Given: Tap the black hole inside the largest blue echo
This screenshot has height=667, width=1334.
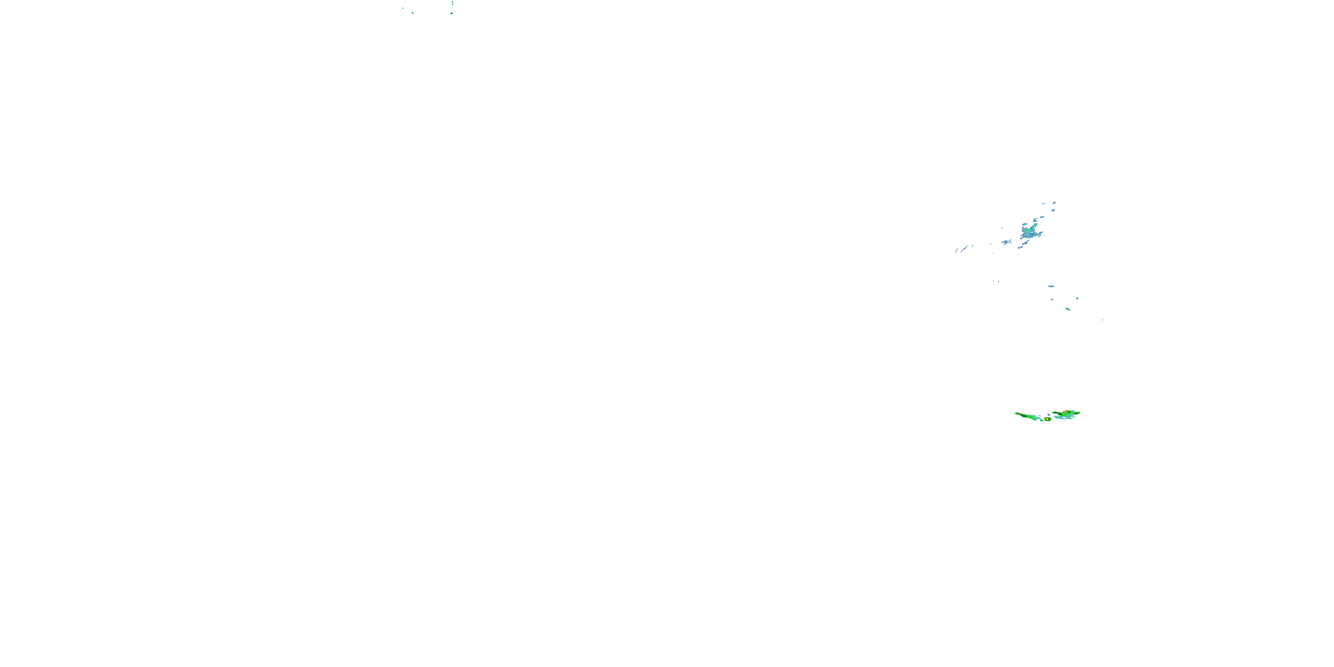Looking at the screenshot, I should [1032, 233].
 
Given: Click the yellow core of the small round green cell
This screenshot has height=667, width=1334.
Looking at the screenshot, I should [1048, 419].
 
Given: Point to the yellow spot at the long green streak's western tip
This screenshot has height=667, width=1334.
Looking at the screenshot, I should [1018, 414].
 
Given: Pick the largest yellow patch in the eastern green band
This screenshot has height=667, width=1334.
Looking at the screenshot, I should [1067, 412].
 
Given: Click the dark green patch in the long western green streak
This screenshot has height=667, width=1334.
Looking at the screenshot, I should [1024, 416].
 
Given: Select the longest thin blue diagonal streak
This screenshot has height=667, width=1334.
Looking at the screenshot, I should [964, 249].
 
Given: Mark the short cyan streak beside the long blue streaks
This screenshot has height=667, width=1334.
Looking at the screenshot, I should [972, 246].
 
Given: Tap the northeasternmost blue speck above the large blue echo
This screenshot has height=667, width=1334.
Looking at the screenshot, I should [1054, 203].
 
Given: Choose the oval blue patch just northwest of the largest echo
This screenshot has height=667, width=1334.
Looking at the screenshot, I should [1025, 224].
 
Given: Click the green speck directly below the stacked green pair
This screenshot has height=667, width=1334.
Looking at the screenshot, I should [452, 13].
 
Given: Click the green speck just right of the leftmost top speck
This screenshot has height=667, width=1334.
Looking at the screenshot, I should [413, 13].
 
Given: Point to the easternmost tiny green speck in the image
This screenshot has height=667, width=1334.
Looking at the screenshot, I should [1103, 320].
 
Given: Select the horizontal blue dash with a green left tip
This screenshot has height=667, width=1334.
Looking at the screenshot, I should [1051, 286].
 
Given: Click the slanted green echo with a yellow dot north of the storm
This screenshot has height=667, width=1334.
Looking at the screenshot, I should [1068, 309].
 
